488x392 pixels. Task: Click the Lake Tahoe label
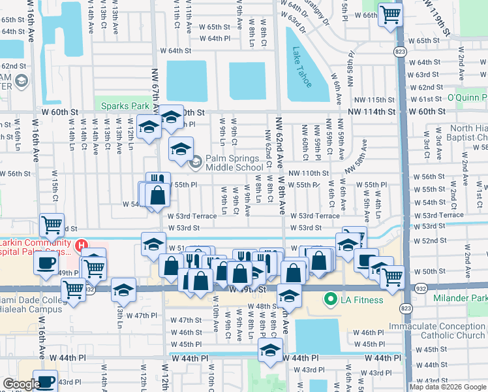[303, 67]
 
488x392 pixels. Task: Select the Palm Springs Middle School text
[235, 162]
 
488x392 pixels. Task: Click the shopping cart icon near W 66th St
[390, 14]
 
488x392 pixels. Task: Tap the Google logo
[22, 384]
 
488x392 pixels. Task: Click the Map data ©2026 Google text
[448, 387]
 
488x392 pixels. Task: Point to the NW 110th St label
[308, 173]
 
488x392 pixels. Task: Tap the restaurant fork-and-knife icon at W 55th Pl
[157, 182]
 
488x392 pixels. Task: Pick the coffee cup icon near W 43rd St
[45, 382]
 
